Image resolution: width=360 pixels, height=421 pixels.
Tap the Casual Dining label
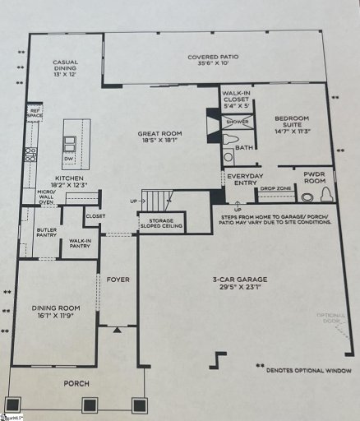click(65, 63)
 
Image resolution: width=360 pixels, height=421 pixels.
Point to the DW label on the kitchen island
click(68, 159)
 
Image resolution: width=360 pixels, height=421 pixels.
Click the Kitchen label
click(70, 177)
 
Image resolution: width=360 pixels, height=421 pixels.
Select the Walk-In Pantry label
click(80, 243)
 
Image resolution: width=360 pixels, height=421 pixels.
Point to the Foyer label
click(118, 279)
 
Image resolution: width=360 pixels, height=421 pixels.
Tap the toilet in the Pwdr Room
click(326, 195)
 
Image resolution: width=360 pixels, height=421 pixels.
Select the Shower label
click(238, 122)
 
